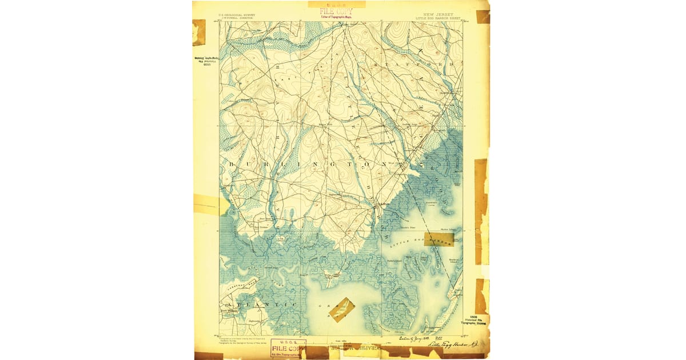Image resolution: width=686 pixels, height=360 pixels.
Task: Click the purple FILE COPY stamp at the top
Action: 336,11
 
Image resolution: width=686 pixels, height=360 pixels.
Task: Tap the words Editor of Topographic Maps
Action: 336,17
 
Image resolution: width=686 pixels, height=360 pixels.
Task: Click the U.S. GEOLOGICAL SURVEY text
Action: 237,15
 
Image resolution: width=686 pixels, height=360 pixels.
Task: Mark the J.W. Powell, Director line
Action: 236,18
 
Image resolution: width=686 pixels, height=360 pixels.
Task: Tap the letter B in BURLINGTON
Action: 231,165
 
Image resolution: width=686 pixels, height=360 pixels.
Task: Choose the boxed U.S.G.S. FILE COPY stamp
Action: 288,347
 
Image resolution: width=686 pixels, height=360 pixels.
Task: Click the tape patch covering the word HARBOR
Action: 439,239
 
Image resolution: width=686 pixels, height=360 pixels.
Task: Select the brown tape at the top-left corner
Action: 199,32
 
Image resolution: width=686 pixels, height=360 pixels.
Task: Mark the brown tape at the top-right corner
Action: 483,17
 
